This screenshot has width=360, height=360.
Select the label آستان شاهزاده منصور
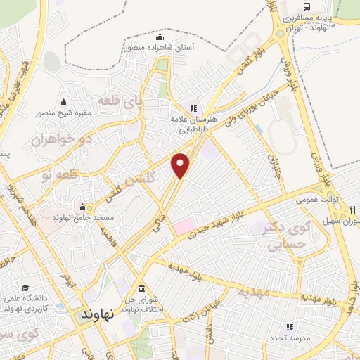tap(160, 47)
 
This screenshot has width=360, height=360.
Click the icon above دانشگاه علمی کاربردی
tap(26, 288)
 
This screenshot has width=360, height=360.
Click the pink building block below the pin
tap(184, 226)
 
